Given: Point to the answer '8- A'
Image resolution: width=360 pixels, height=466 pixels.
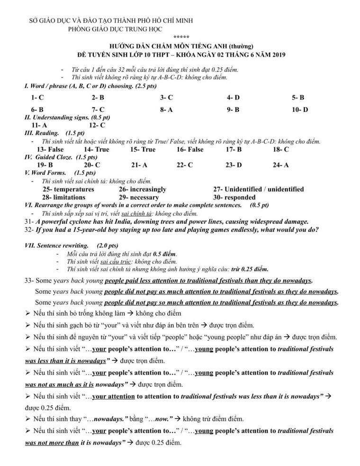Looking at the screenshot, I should (166, 110).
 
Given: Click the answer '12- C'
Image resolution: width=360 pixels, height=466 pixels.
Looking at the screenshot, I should (97, 125).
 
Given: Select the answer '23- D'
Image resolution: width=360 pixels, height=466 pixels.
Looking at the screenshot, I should (234, 165).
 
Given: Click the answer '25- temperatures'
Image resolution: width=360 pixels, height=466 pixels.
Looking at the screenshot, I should (68, 189).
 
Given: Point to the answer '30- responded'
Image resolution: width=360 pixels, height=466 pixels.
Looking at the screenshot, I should (234, 197).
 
